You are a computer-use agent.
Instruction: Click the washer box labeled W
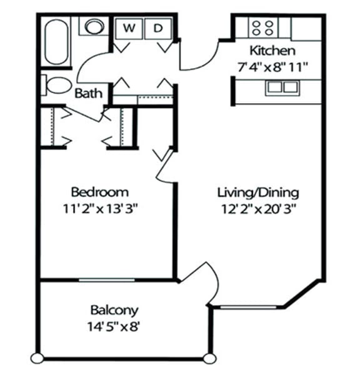[129, 27]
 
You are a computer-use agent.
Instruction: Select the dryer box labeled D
[158, 27]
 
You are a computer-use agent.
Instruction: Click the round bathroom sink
[94, 27]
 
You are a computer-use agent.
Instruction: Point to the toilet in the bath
[56, 85]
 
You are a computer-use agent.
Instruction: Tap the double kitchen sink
[281, 87]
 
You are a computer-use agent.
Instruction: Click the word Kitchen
[272, 51]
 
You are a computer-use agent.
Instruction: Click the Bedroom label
[100, 191]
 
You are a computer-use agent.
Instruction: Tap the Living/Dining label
[258, 192]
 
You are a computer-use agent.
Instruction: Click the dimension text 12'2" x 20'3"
[258, 209]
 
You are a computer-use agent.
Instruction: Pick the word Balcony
[114, 309]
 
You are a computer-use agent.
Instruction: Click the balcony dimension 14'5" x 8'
[114, 326]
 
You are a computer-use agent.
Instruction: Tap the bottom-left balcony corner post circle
[37, 359]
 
